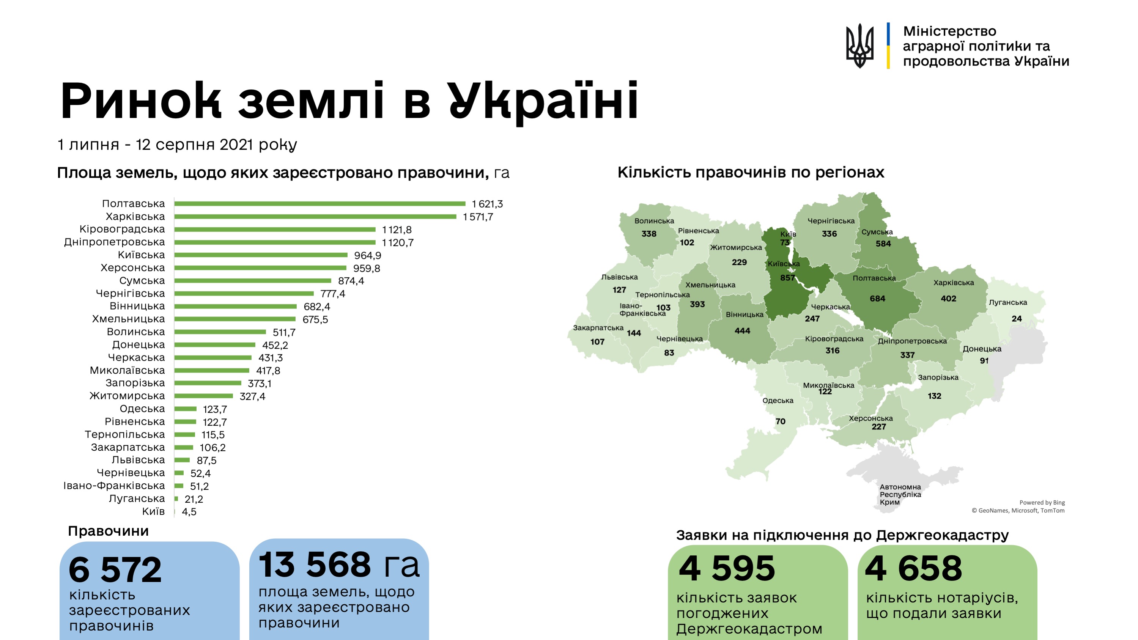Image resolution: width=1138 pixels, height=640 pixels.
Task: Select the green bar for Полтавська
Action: pyautogui.click(x=320, y=204)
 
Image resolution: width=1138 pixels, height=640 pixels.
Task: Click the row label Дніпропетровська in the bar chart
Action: pyautogui.click(x=115, y=242)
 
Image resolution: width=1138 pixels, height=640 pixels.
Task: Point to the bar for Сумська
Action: pyautogui.click(x=252, y=280)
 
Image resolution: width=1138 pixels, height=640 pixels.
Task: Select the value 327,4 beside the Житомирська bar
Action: pyautogui.click(x=252, y=396)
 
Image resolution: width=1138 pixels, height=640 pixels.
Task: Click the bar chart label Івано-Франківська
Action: pyautogui.click(x=114, y=486)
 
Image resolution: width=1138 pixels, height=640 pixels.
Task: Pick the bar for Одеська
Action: pyautogui.click(x=185, y=409)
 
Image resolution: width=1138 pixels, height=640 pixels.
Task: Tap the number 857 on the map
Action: pyautogui.click(x=787, y=278)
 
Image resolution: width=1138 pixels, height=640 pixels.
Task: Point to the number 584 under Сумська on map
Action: pyautogui.click(x=883, y=244)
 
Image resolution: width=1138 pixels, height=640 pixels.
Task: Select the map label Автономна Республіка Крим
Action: pyautogui.click(x=900, y=494)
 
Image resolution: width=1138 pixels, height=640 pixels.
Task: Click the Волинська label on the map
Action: pyautogui.click(x=654, y=221)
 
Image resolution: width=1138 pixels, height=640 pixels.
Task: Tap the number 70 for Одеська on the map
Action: pyautogui.click(x=780, y=421)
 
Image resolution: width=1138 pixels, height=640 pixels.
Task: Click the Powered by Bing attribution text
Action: pyautogui.click(x=1042, y=503)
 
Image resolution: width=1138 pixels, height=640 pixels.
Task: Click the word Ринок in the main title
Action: pyautogui.click(x=140, y=101)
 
